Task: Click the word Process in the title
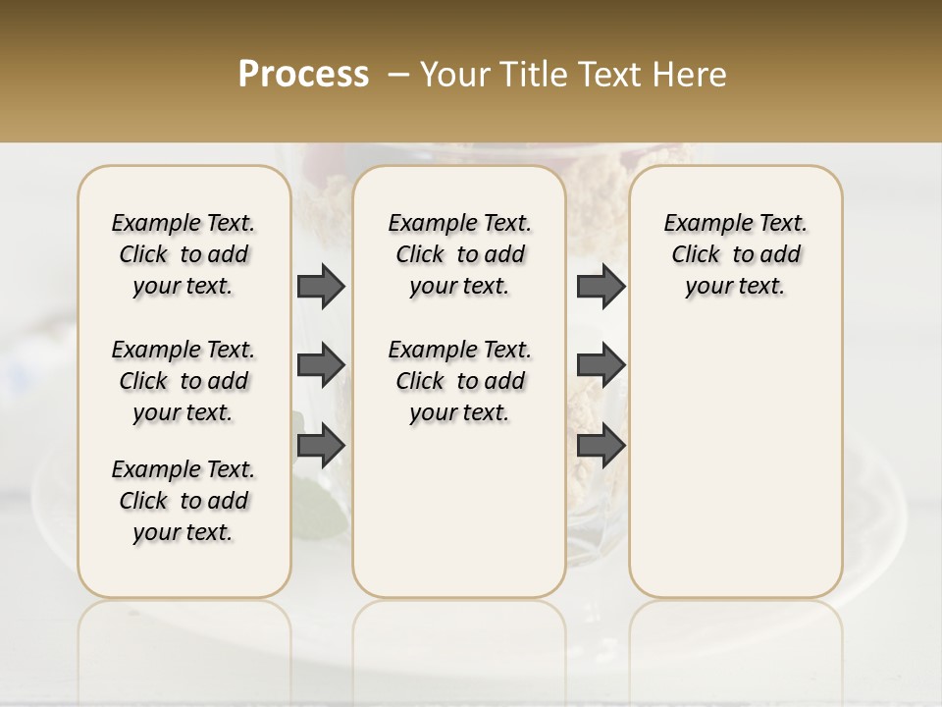(x=303, y=75)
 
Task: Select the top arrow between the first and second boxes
(x=321, y=286)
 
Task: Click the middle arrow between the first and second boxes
(x=321, y=365)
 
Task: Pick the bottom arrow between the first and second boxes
(x=321, y=446)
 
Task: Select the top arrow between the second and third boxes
(x=601, y=286)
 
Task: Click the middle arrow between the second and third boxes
(x=601, y=365)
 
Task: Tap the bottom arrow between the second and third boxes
(x=601, y=446)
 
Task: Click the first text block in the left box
(x=183, y=254)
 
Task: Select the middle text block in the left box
(x=183, y=381)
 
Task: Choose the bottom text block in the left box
(x=183, y=501)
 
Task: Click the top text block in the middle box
(x=460, y=254)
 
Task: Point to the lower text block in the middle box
(x=460, y=381)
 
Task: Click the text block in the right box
(x=736, y=254)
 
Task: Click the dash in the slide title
(x=398, y=75)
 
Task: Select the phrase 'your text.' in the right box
(x=736, y=287)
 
